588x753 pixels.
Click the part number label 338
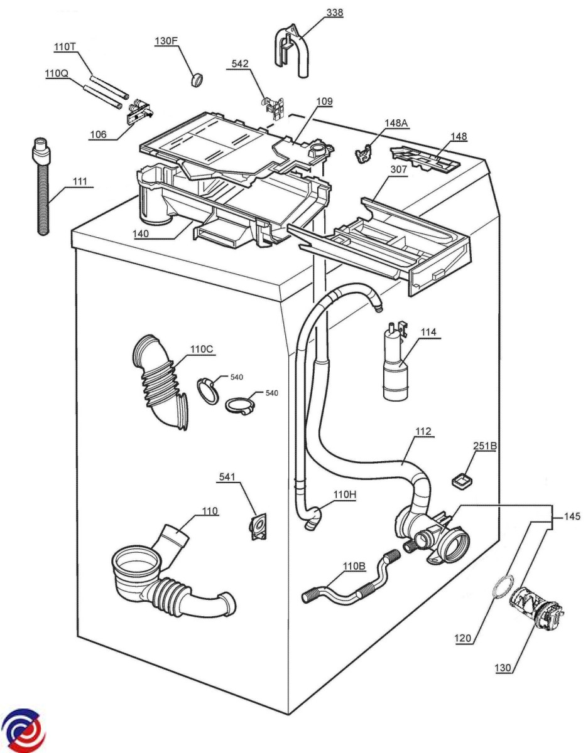tap(334, 13)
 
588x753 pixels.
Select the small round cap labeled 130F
tap(197, 80)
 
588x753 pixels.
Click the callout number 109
tap(324, 102)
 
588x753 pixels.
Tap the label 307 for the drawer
tap(399, 170)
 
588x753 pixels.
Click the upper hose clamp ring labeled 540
tap(207, 391)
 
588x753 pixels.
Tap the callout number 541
tap(227, 476)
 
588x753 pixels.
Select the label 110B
tap(354, 566)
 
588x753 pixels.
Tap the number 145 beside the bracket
tap(572, 516)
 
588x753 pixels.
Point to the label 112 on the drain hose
tap(423, 431)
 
